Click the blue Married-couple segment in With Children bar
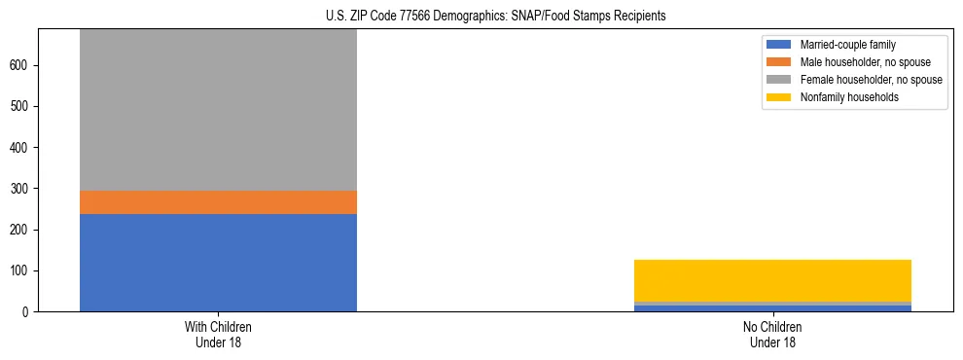click(218, 262)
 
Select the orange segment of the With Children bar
click(218, 201)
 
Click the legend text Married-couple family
click(848, 45)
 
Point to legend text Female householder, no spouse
click(871, 80)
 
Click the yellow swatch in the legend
click(780, 97)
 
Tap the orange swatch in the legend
click(780, 62)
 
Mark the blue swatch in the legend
click(780, 45)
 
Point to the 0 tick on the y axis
click(28, 311)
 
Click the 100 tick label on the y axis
click(21, 270)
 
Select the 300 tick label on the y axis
click(21, 189)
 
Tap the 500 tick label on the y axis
click(21, 106)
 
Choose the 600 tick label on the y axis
click(21, 65)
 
